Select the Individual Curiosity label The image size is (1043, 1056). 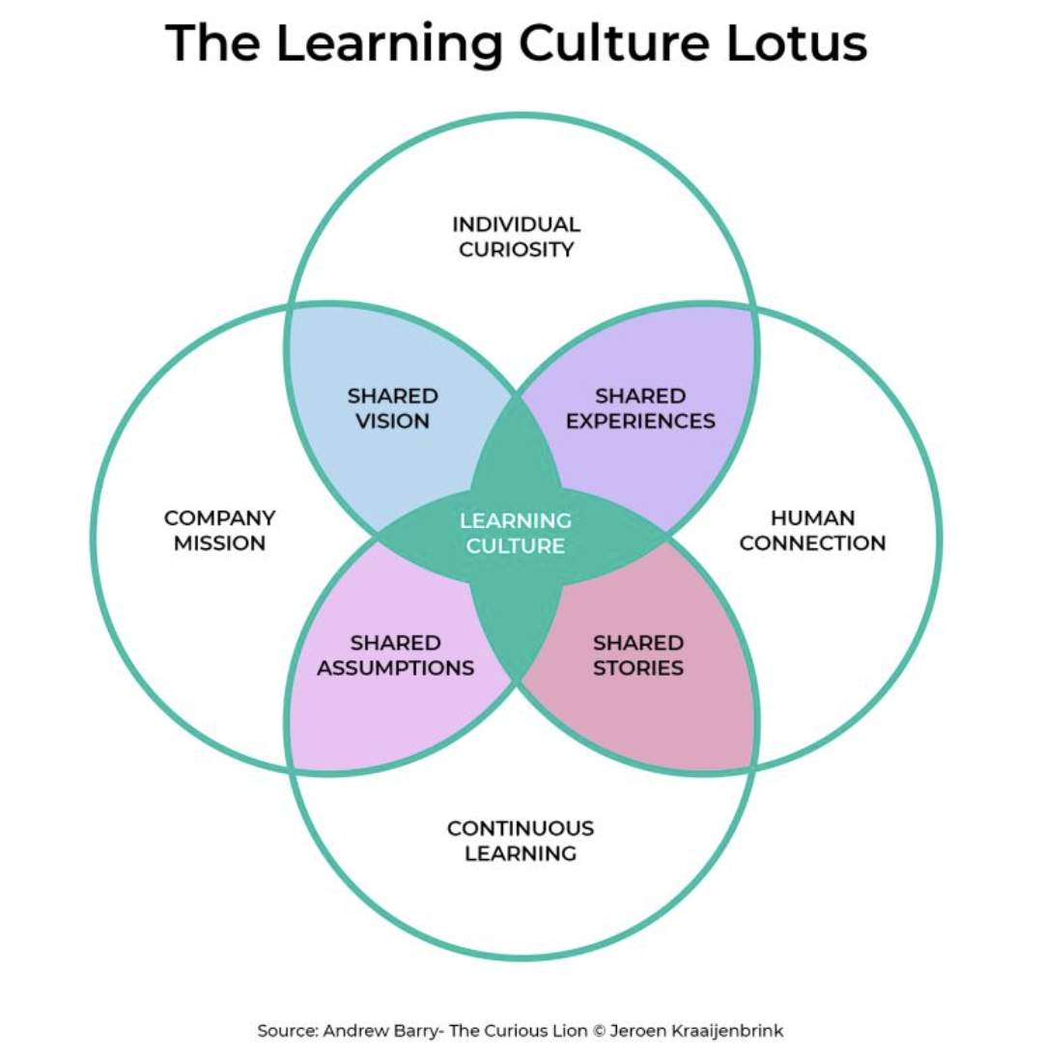pos(517,237)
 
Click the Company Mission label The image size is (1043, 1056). pos(219,531)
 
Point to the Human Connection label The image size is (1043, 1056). pos(812,531)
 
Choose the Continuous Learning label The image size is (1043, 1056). pos(521,841)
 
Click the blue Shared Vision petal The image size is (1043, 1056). pos(386,386)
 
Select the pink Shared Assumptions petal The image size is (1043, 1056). pos(386,695)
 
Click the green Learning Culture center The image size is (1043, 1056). pos(516,533)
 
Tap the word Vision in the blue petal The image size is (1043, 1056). pos(392,421)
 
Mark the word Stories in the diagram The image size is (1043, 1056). pos(638,668)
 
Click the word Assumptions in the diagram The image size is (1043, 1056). pos(396,668)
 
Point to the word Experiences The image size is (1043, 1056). pos(641,421)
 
